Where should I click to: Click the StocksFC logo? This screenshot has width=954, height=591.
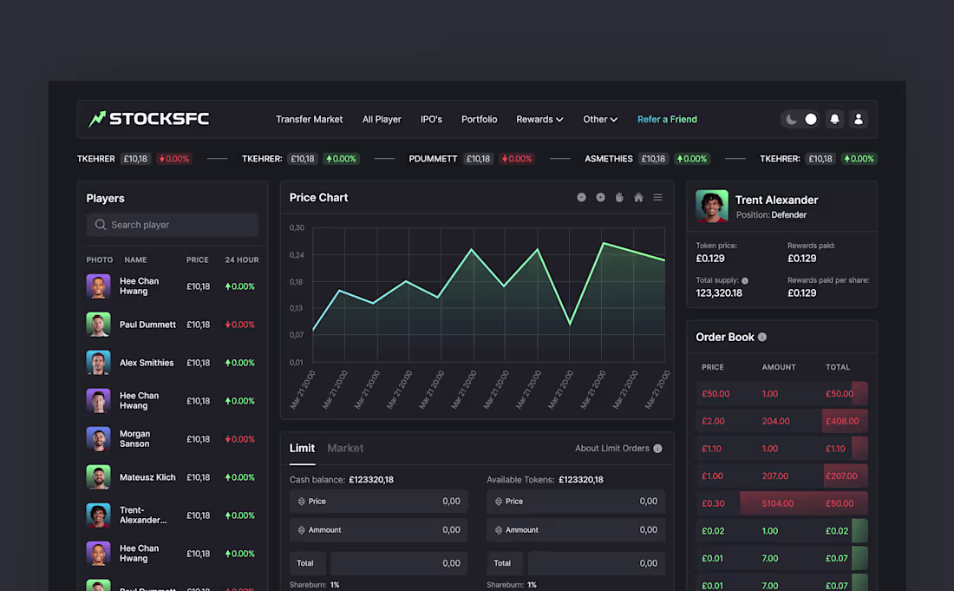pyautogui.click(x=148, y=119)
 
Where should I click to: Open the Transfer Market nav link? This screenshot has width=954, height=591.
pyautogui.click(x=309, y=120)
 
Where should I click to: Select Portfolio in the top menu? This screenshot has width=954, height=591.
pyautogui.click(x=479, y=120)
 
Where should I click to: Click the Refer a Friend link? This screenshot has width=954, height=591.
pyautogui.click(x=667, y=120)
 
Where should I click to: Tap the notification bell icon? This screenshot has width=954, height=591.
pyautogui.click(x=834, y=120)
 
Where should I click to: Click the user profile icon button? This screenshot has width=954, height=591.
pyautogui.click(x=859, y=120)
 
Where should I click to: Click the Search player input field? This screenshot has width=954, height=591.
pyautogui.click(x=173, y=225)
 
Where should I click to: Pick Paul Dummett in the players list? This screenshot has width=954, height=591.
pyautogui.click(x=147, y=325)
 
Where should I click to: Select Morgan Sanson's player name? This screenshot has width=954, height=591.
pyautogui.click(x=134, y=439)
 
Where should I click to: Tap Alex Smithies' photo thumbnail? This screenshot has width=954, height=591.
pyautogui.click(x=98, y=363)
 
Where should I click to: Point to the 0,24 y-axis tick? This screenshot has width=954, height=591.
pyautogui.click(x=297, y=255)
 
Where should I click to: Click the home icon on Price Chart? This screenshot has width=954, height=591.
pyautogui.click(x=638, y=198)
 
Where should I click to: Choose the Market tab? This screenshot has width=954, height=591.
pyautogui.click(x=345, y=449)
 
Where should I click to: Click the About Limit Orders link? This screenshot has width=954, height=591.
pyautogui.click(x=612, y=449)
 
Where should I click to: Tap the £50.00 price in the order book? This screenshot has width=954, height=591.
pyautogui.click(x=715, y=394)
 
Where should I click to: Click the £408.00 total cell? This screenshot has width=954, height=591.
pyautogui.click(x=841, y=422)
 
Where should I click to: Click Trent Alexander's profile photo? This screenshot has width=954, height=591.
pyautogui.click(x=712, y=207)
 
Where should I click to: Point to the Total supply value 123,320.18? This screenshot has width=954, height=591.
pyautogui.click(x=719, y=293)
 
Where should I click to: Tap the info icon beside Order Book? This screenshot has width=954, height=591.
pyautogui.click(x=762, y=338)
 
